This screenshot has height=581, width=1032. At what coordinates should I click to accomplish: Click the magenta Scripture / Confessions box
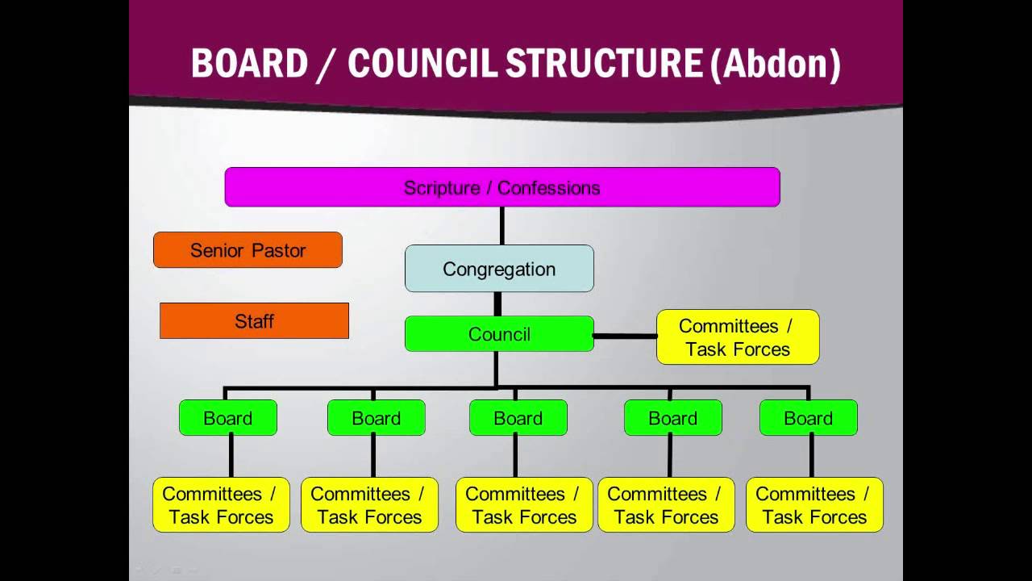pos(502,187)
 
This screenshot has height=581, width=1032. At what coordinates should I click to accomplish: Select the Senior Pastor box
pos(248,250)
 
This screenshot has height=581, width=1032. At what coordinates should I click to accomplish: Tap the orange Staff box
pos(254,321)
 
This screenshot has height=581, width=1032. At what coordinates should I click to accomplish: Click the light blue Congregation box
pos(499,269)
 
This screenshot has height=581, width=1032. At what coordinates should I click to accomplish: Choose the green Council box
pos(499,334)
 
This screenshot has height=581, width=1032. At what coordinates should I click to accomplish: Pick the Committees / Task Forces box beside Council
pos(738,337)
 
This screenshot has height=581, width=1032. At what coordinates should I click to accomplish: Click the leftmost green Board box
pos(228,418)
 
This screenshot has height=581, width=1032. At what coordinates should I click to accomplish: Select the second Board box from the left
pos(377,418)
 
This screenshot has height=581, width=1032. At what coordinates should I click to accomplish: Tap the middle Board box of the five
pos(518,418)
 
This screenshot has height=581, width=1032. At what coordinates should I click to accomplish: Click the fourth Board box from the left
pos(673,418)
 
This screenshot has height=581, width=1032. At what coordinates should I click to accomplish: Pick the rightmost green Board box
pos(809,418)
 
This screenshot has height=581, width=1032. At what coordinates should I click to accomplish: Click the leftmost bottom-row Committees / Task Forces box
pos(221,505)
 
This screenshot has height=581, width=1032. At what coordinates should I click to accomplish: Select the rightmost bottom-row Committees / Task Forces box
pos(814,505)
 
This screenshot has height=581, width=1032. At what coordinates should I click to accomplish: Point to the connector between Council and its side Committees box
pos(625,336)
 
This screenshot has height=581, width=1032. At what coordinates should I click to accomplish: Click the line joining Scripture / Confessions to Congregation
pos(502,226)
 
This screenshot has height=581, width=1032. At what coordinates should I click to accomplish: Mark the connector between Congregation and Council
pos(497,304)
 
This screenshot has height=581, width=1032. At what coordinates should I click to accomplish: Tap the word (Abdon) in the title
pos(776,65)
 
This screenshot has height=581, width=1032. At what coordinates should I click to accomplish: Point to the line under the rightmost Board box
pos(812,457)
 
